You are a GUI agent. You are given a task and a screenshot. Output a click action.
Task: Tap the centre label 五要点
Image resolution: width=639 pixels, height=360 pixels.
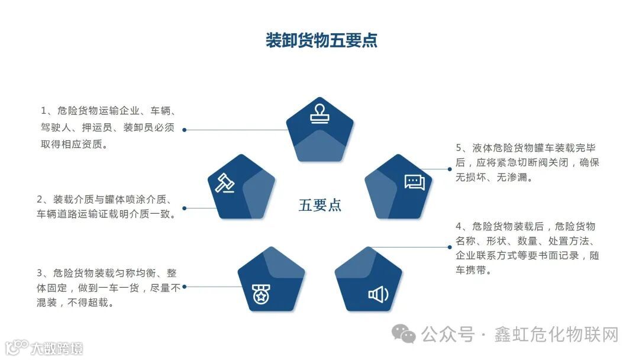coord(320,205)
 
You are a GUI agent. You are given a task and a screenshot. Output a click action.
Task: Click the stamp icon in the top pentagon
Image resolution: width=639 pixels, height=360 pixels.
coord(320,114)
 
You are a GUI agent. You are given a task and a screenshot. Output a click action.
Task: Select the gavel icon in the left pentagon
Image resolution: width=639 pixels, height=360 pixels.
coord(224,183)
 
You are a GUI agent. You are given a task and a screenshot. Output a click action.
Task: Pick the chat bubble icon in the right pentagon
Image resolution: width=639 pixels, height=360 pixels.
coord(415,182)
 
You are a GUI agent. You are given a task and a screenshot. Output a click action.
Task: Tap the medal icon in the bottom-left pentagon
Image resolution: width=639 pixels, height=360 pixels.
coord(260,294)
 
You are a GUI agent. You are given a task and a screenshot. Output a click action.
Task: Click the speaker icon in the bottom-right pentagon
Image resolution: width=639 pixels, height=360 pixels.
coord(378,294)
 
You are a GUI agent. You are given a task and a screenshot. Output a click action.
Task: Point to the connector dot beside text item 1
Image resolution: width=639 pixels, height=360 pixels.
coord(185,130)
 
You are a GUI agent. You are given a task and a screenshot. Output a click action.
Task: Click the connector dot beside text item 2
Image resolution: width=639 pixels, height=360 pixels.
coord(185,208)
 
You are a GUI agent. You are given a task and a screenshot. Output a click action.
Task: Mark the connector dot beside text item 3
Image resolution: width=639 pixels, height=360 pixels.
coord(185,287)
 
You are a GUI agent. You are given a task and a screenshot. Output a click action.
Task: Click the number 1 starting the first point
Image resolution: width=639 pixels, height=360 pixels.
coord(44,111)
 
